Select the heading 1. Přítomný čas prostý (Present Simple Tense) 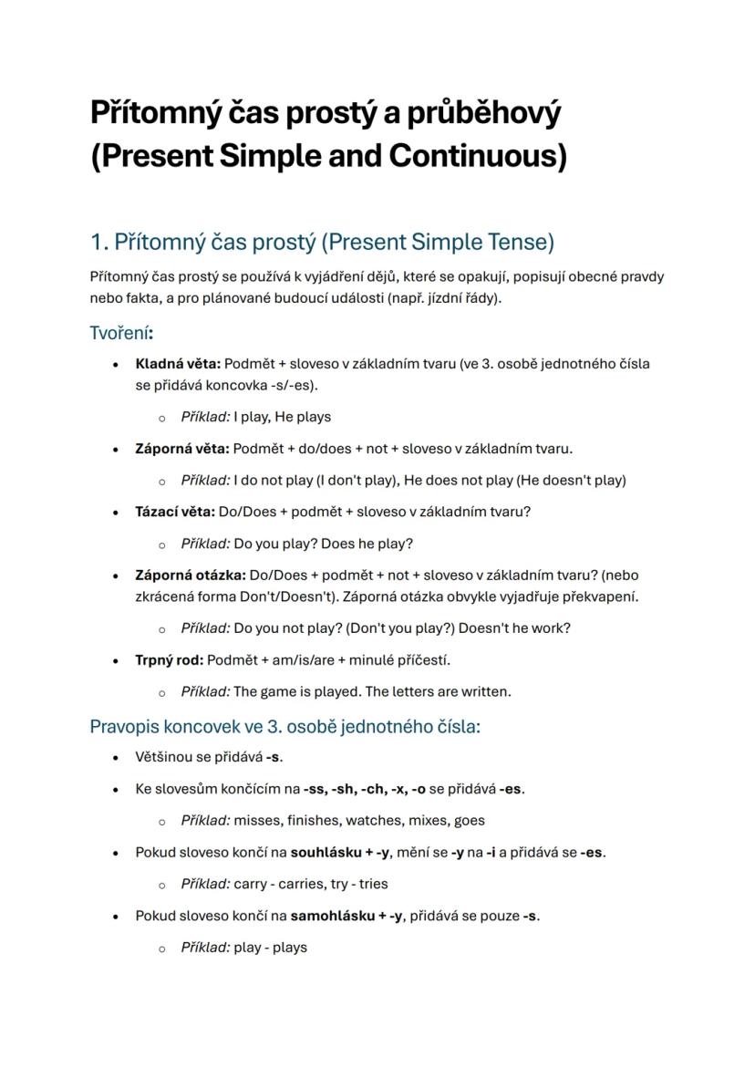(322, 243)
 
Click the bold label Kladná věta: (178, 364)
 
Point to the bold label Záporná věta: (182, 449)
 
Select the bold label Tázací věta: (175, 512)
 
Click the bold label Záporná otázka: (191, 575)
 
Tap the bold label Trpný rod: (170, 659)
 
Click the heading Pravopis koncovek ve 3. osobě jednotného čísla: (284, 727)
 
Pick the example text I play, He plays (283, 417)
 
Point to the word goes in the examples (467, 820)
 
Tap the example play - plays (271, 947)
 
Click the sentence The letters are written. (439, 691)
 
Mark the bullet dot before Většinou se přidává (115, 757)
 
